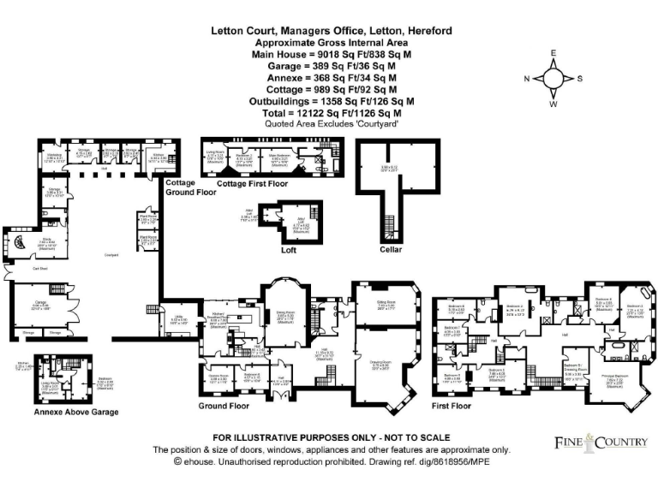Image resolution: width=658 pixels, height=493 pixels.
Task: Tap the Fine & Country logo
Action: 599,442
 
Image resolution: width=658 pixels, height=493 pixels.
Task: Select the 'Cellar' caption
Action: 391,251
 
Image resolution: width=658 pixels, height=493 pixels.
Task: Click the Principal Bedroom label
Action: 609,375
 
